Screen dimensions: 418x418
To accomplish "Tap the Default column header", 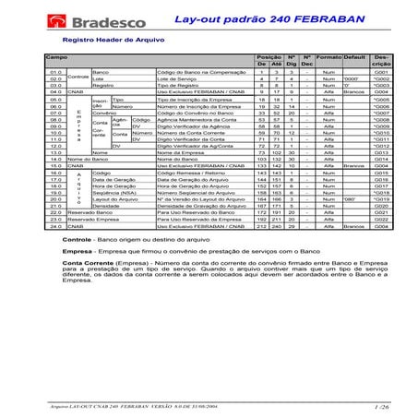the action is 354,57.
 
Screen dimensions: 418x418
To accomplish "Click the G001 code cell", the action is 381,72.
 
